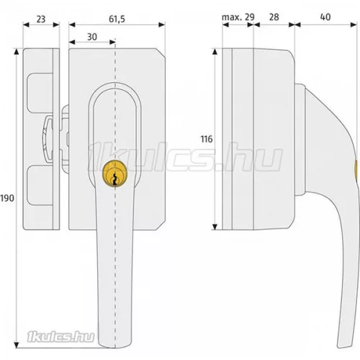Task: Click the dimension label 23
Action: pos(41,19)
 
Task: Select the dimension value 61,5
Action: pos(117,19)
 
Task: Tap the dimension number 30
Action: pos(92,37)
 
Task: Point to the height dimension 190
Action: pos(7,198)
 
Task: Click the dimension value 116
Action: pos(207,139)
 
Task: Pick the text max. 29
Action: pos(238,17)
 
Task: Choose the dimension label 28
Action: pos(274,17)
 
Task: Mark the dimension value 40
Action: pos(325,17)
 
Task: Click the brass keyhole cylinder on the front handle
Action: pos(114,173)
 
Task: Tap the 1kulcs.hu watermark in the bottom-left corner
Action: pos(60,336)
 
